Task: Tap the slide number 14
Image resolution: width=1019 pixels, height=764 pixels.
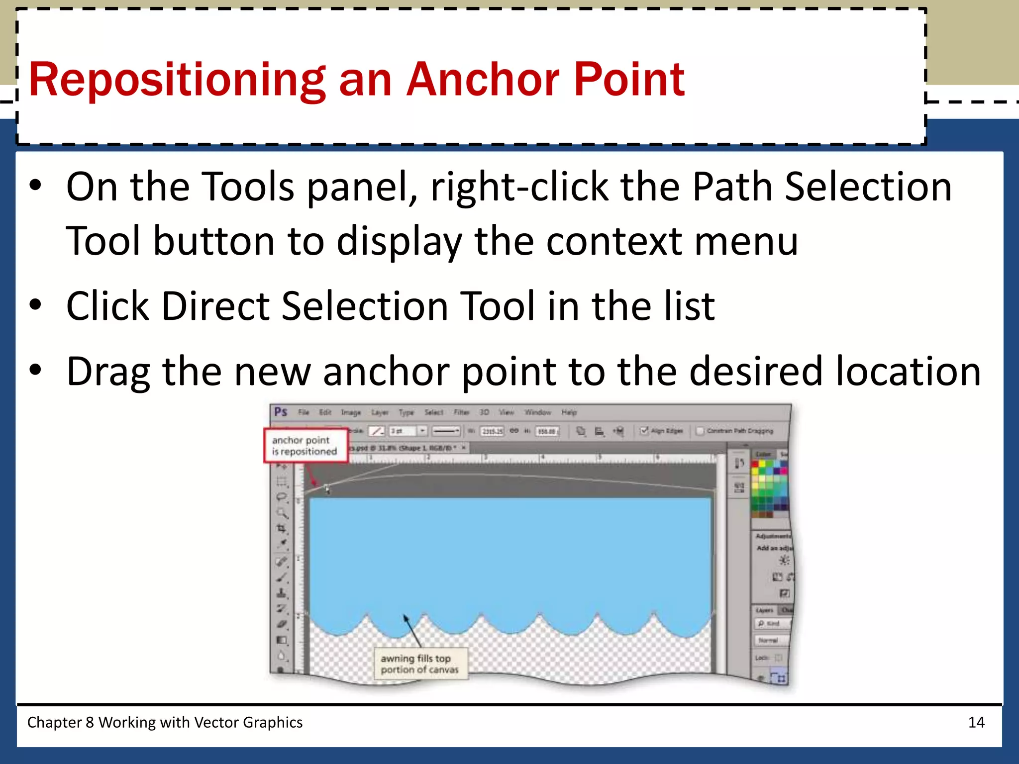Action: click(976, 722)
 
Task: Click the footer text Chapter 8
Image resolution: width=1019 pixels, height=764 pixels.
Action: click(60, 722)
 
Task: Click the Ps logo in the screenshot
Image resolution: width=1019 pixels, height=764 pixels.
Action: click(281, 412)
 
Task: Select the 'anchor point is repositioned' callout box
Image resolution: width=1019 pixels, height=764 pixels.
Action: click(305, 446)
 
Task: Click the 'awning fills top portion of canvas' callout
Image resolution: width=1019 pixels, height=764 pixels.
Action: click(419, 664)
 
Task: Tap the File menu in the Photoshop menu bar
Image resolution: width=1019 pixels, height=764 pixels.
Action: click(304, 412)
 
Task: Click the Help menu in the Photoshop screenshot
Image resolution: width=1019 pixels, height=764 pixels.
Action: click(569, 412)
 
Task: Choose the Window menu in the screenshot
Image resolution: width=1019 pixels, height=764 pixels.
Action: click(538, 412)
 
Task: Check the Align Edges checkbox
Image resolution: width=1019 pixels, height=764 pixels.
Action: click(644, 431)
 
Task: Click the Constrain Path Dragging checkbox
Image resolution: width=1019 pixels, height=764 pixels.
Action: click(700, 431)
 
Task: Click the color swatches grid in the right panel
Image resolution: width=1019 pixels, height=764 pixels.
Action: click(769, 485)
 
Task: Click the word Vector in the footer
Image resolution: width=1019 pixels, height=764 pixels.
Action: click(214, 722)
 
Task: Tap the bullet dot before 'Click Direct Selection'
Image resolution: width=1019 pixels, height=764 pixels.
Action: click(35, 304)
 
